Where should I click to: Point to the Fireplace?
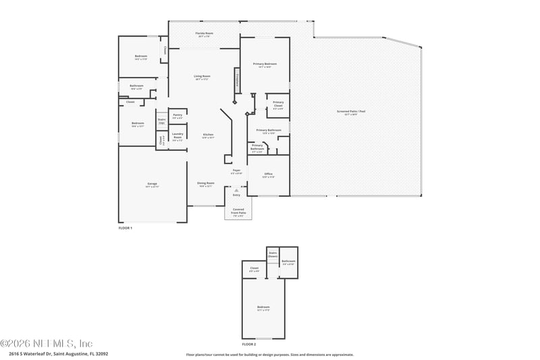tap(237, 77)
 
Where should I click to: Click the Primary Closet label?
tap(278, 105)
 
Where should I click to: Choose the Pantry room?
tap(178, 116)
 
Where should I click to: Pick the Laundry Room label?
tap(178, 135)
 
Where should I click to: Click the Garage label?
tap(152, 185)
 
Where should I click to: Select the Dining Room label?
tap(205, 184)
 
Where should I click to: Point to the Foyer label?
tap(237, 172)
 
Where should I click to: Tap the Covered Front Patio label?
tap(238, 211)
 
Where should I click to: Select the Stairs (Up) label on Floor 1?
tap(162, 121)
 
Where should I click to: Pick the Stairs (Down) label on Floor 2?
tap(273, 255)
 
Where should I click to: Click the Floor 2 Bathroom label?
tap(288, 262)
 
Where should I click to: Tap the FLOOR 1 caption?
tap(126, 228)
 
